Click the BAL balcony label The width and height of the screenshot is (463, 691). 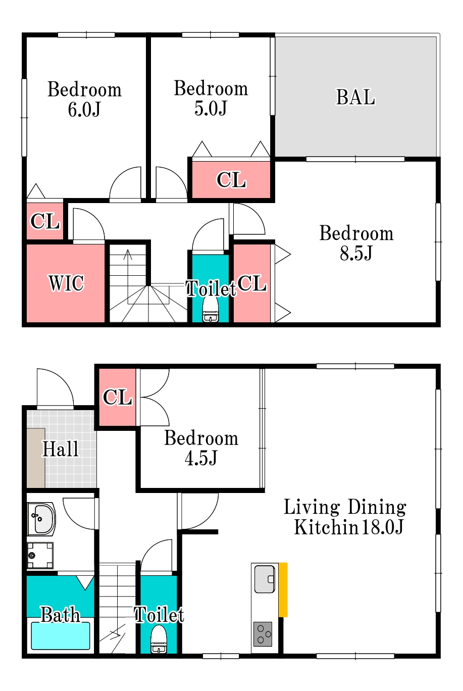[355, 97]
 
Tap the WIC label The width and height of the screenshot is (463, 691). [66, 283]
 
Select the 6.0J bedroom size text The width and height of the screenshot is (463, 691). [84, 110]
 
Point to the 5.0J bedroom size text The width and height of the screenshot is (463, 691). [211, 108]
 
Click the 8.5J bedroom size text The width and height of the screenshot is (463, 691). [356, 253]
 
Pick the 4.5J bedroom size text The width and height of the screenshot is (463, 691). [201, 458]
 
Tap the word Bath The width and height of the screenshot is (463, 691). [61, 614]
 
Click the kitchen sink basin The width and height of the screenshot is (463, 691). [265, 579]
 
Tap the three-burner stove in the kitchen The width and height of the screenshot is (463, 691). [263, 634]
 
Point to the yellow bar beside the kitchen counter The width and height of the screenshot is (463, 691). [283, 590]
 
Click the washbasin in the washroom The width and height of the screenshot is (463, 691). [41, 519]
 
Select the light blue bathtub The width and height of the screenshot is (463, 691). [61, 636]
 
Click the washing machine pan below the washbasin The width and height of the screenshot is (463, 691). [40, 556]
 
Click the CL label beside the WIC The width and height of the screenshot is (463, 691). [45, 221]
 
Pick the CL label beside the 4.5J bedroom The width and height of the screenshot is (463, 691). [118, 397]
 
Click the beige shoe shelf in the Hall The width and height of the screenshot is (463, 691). [36, 458]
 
